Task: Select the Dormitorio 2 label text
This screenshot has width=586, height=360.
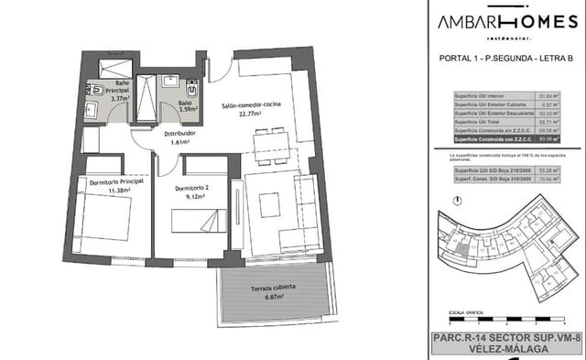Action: tap(193, 188)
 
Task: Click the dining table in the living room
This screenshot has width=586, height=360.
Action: tap(272, 145)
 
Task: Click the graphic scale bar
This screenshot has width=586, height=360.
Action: tap(502, 320)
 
